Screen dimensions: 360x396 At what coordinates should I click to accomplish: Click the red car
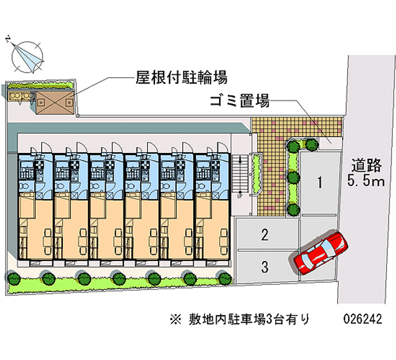[321, 253]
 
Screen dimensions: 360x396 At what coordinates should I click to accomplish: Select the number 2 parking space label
[265, 234]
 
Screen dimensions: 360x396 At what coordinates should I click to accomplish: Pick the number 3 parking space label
[265, 268]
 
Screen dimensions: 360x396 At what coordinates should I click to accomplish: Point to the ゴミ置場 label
[239, 103]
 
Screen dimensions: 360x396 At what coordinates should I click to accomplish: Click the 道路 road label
[366, 164]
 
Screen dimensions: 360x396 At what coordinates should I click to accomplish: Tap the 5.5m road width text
[366, 181]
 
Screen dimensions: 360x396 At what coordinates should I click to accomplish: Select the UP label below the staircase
[240, 196]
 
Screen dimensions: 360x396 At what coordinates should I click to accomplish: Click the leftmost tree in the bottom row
[14, 278]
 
